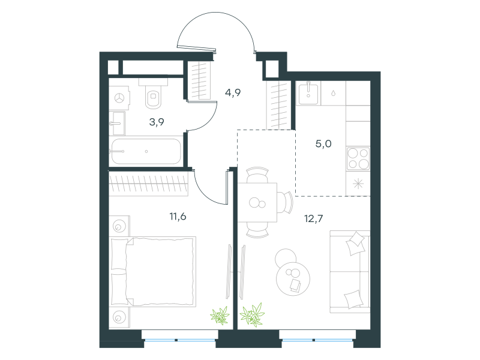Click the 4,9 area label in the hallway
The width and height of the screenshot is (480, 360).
(233, 92)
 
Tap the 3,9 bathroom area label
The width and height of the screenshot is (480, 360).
(157, 122)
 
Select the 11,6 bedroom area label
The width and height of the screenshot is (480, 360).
(178, 217)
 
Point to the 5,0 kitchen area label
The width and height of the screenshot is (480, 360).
(323, 143)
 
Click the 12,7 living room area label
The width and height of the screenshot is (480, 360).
(313, 218)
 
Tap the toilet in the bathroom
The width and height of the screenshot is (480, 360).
(153, 94)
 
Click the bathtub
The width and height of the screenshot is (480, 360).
(146, 152)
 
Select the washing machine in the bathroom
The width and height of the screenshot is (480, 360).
(119, 98)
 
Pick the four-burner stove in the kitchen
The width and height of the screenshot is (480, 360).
(358, 158)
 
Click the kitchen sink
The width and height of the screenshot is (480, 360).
(308, 93)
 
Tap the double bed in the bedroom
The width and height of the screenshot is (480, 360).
(153, 272)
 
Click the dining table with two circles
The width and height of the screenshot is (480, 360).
(257, 202)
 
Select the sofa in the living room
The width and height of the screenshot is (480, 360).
(350, 272)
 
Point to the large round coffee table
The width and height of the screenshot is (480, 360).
(293, 279)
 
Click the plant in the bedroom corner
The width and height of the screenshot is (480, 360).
(220, 316)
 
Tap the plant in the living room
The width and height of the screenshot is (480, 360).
(252, 314)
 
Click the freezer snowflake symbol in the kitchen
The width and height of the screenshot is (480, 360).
(358, 184)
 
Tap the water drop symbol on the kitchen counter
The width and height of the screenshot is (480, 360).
(333, 93)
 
